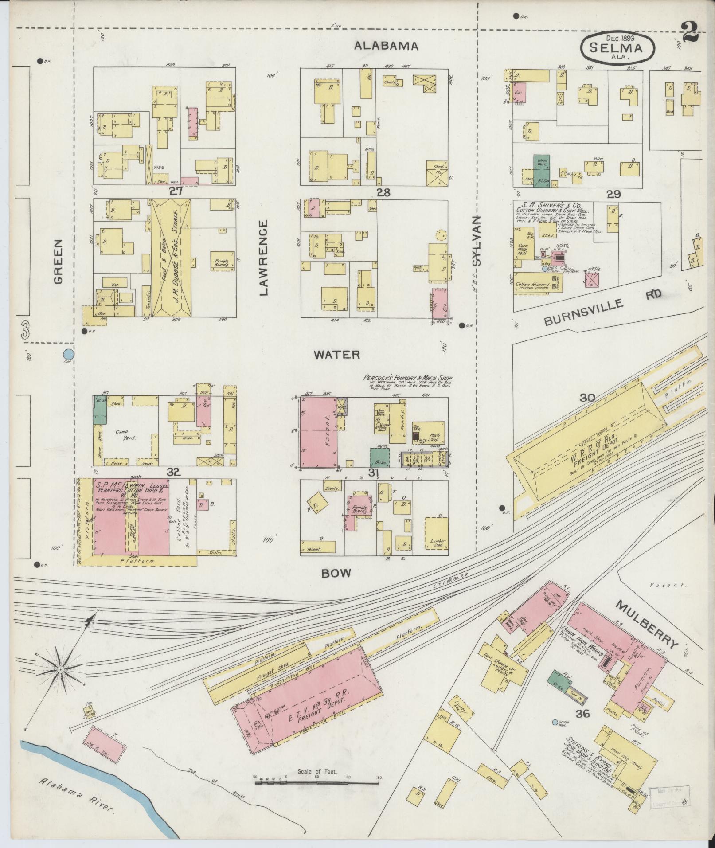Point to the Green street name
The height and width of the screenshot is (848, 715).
[59, 261]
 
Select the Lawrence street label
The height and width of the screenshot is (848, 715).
[264, 258]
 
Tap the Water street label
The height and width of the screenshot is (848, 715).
[337, 355]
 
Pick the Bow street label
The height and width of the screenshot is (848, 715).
[336, 573]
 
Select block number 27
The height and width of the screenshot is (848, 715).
[176, 191]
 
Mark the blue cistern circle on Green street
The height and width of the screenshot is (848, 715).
[68, 354]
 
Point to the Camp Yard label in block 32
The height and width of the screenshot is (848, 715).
[125, 434]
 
